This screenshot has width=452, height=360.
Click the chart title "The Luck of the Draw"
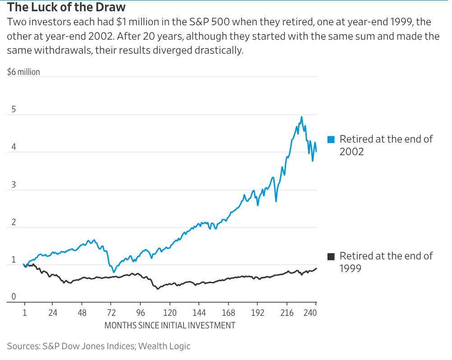[x=66, y=8]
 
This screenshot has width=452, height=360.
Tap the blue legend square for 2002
[x=331, y=139]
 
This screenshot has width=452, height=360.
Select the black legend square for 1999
[x=331, y=257]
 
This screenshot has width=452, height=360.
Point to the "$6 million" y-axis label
[x=23, y=72]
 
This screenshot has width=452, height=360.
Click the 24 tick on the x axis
[x=53, y=313]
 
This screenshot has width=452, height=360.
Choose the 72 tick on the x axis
[x=111, y=313]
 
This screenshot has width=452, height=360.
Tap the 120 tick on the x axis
[x=170, y=313]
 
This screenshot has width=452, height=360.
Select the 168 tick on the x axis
[x=229, y=313]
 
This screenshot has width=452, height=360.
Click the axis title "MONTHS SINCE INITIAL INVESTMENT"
[x=170, y=325]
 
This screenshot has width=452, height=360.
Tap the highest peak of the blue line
[x=301, y=117]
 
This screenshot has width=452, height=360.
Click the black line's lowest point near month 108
[x=157, y=289]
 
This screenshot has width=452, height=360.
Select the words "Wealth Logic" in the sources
[x=164, y=346]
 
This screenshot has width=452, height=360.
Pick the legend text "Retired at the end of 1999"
[x=386, y=262]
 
